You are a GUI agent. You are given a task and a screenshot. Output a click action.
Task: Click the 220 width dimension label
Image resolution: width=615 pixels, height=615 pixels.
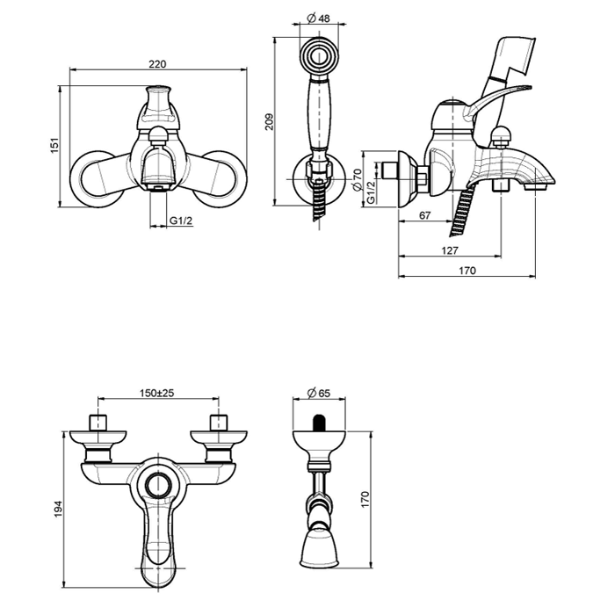[x=157, y=63]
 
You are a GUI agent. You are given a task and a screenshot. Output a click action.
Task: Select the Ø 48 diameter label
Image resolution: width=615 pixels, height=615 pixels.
[x=318, y=18]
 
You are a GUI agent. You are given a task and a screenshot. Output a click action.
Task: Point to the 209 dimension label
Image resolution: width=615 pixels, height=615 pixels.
[x=269, y=122]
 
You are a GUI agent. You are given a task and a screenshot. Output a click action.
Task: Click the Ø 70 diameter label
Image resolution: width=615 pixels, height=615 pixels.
[x=357, y=179]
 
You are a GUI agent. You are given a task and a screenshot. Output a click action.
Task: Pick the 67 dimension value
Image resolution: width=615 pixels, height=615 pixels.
[x=424, y=215]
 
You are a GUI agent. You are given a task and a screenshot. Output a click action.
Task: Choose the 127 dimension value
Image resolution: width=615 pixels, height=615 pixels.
[x=450, y=250]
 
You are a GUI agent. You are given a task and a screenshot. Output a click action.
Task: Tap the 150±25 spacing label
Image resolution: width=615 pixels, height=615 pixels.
[x=157, y=393]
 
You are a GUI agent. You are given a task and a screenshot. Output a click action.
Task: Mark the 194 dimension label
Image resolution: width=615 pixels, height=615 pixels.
[x=58, y=509]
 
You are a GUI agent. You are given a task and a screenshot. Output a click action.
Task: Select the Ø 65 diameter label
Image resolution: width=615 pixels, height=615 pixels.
[x=319, y=393]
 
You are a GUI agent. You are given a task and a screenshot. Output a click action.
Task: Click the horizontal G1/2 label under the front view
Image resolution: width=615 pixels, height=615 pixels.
[x=181, y=221]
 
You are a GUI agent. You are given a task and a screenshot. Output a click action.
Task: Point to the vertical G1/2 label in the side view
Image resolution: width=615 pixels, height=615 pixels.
[x=371, y=192]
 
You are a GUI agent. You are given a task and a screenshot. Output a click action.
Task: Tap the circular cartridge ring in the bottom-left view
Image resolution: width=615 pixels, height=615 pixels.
[x=158, y=483]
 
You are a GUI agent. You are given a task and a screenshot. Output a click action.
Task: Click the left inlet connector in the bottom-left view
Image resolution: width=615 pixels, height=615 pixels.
[x=98, y=423]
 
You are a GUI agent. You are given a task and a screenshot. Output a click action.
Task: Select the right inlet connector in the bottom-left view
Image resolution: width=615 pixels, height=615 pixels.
[x=219, y=423]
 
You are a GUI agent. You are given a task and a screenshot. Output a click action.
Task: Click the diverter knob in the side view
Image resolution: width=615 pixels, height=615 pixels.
[x=501, y=135]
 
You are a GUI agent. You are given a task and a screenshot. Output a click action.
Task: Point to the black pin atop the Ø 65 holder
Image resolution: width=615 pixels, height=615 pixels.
[x=319, y=423]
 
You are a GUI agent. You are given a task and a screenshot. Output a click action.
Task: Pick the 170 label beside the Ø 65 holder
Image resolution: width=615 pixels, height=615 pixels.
[x=365, y=499]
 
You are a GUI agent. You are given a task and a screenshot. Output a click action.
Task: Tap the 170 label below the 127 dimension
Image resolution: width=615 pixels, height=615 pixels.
[x=467, y=271]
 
